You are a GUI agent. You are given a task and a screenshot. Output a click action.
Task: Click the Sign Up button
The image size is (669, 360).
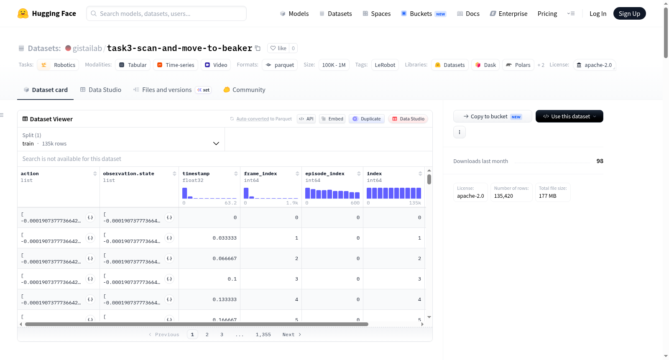pyautogui.click(x=629, y=13)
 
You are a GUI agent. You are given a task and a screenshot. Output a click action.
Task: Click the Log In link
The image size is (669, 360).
pyautogui.click(x=598, y=13)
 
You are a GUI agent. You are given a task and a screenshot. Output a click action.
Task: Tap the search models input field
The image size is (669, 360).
pyautogui.click(x=166, y=13)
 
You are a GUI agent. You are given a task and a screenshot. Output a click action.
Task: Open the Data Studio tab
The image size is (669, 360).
pyautogui.click(x=101, y=89)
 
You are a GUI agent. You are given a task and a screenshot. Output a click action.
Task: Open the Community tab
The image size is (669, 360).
pyautogui.click(x=244, y=89)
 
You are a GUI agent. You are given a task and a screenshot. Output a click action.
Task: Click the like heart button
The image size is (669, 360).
pyautogui.click(x=278, y=48)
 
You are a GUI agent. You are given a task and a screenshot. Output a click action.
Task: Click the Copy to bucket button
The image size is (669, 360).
pyautogui.click(x=493, y=116)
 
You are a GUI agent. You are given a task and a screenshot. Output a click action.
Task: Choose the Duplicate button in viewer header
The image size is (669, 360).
pyautogui.click(x=366, y=119)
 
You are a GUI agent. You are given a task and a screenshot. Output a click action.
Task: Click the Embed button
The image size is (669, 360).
pyautogui.click(x=332, y=119)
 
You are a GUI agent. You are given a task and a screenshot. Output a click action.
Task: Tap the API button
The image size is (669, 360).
pyautogui.click(x=306, y=119)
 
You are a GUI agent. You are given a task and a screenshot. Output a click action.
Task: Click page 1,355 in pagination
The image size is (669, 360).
pyautogui.click(x=263, y=334)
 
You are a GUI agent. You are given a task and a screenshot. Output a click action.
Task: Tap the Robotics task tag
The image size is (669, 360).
pyautogui.click(x=58, y=65)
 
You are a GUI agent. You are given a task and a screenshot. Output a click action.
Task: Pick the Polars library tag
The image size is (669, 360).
pyautogui.click(x=518, y=65)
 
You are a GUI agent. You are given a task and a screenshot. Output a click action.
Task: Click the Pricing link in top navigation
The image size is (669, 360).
pyautogui.click(x=547, y=13)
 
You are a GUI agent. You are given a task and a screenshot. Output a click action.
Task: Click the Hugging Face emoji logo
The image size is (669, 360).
pyautogui.click(x=23, y=13)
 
